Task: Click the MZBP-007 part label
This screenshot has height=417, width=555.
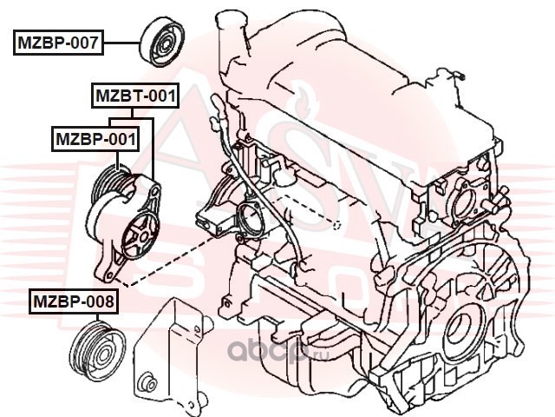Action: tap(58, 43)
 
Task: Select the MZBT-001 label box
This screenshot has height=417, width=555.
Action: tap(135, 96)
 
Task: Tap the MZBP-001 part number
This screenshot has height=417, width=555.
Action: tap(95, 139)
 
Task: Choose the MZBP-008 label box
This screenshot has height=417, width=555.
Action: tap(74, 302)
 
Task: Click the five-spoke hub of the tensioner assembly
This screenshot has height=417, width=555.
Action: tap(141, 235)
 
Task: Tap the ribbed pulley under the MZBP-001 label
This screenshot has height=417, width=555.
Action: tap(110, 184)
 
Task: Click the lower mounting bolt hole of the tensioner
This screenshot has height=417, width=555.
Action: tap(108, 275)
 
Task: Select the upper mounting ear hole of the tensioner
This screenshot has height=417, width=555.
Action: tap(155, 191)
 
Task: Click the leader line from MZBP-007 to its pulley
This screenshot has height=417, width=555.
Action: tap(122, 43)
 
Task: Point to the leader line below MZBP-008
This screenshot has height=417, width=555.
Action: tap(96, 318)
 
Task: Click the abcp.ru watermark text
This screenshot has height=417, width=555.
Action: tap(277, 351)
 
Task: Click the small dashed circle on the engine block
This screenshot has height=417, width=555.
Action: tap(337, 225)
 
